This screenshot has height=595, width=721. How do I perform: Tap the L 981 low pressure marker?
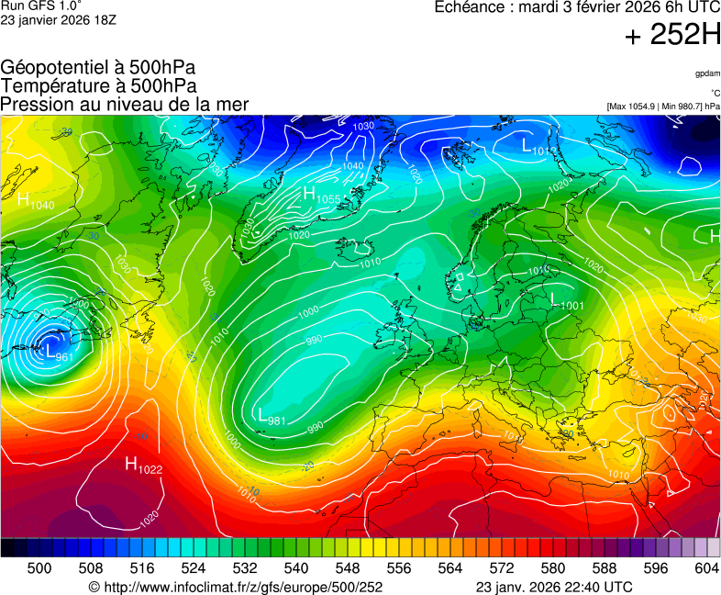pos(272,417)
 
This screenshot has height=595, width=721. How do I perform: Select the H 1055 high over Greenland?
pos(321,196)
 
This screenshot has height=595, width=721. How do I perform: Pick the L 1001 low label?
pos(567,301)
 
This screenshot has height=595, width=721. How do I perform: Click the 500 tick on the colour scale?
pos(39,569)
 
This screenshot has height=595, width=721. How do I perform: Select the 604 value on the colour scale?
pos(706,569)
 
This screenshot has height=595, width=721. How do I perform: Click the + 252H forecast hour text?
pos(672,36)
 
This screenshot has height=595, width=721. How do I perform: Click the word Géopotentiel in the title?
pos(55,68)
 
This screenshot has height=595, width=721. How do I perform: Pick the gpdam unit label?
pos(706,73)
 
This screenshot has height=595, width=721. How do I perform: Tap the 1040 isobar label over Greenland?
pos(352,166)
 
